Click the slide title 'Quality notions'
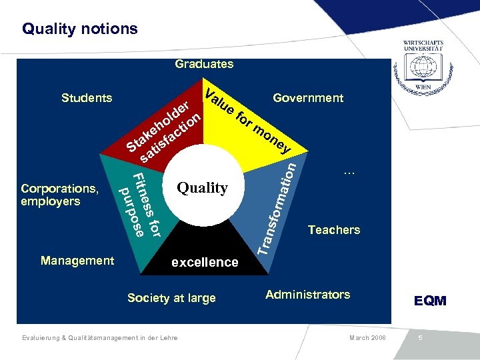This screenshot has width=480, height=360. [x=79, y=29]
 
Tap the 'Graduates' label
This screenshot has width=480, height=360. [x=204, y=64]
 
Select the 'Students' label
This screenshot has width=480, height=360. [x=87, y=98]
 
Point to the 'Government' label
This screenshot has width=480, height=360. [x=308, y=98]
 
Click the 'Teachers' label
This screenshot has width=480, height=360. [x=333, y=230]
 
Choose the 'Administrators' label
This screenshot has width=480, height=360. [x=307, y=294]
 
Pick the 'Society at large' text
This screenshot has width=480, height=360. [x=171, y=298]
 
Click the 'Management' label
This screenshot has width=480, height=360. [x=77, y=261]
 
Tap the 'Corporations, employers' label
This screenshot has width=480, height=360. [x=59, y=195]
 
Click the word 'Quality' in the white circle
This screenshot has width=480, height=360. [x=202, y=188]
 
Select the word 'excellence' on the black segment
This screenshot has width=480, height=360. [x=205, y=262]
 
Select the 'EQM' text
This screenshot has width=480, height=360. [x=430, y=301]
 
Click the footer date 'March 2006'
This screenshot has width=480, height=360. [x=367, y=338]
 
